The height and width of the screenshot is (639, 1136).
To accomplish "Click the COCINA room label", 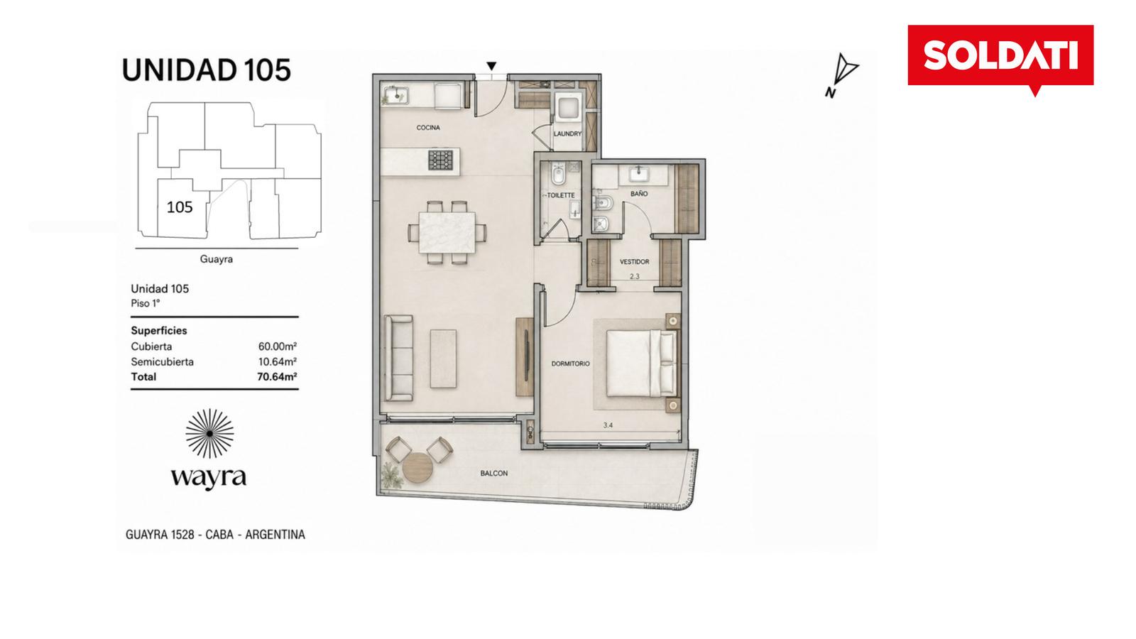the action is (428, 128).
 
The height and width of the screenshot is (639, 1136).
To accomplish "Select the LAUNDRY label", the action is (567, 134).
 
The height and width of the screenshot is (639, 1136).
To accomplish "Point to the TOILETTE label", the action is (561, 195).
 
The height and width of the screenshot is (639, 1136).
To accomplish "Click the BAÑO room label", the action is (639, 194).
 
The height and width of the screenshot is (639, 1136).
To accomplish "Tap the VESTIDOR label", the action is (635, 262).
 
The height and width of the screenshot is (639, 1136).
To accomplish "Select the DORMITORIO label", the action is (571, 364).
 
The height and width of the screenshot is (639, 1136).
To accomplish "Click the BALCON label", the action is (494, 473).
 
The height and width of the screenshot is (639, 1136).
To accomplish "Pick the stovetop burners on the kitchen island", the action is (441, 160).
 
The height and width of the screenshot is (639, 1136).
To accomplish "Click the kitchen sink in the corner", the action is (395, 94).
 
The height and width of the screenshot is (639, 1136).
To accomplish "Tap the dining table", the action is (447, 232).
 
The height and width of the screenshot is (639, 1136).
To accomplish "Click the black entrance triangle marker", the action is (491, 66).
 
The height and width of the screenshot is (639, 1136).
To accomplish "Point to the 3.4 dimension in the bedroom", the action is (608, 425).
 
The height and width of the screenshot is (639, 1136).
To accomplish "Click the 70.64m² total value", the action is (277, 377).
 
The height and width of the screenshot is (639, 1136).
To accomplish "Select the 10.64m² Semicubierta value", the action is (278, 361).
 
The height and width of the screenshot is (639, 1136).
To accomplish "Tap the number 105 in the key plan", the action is (180, 207).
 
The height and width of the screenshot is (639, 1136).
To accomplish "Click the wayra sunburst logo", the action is (209, 434).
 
